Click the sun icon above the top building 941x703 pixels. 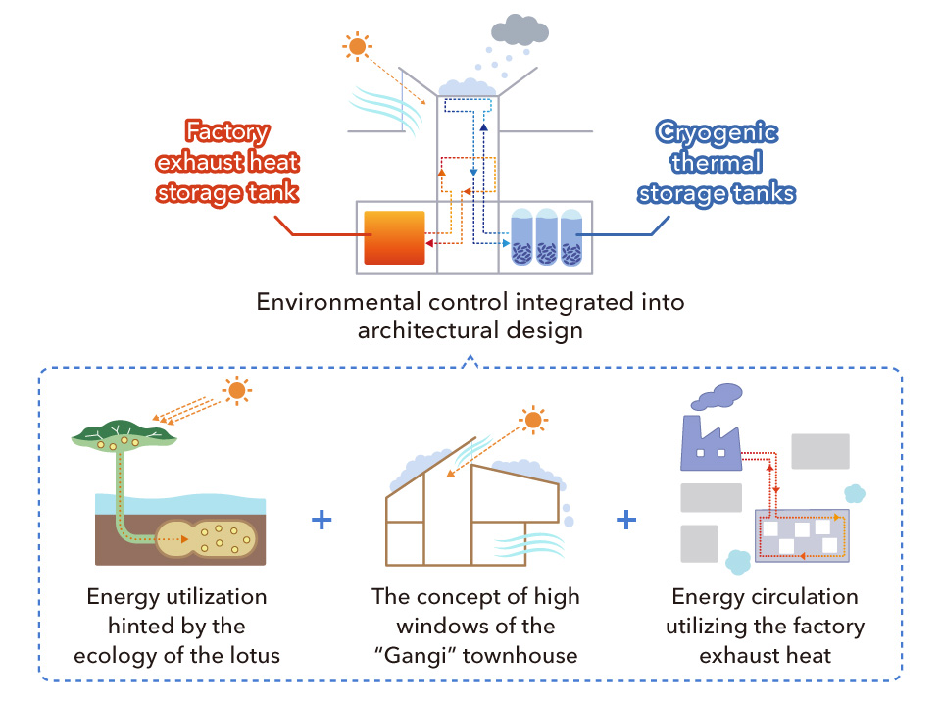click(x=357, y=46)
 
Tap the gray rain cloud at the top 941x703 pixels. click(x=520, y=31)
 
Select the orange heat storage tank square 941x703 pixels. click(x=394, y=237)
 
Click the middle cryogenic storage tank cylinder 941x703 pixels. click(x=547, y=237)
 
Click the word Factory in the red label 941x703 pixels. click(x=227, y=132)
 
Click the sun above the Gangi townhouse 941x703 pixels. click(x=532, y=421)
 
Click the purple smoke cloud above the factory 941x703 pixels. click(x=718, y=395)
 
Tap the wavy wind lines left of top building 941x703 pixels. click(x=385, y=103)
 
